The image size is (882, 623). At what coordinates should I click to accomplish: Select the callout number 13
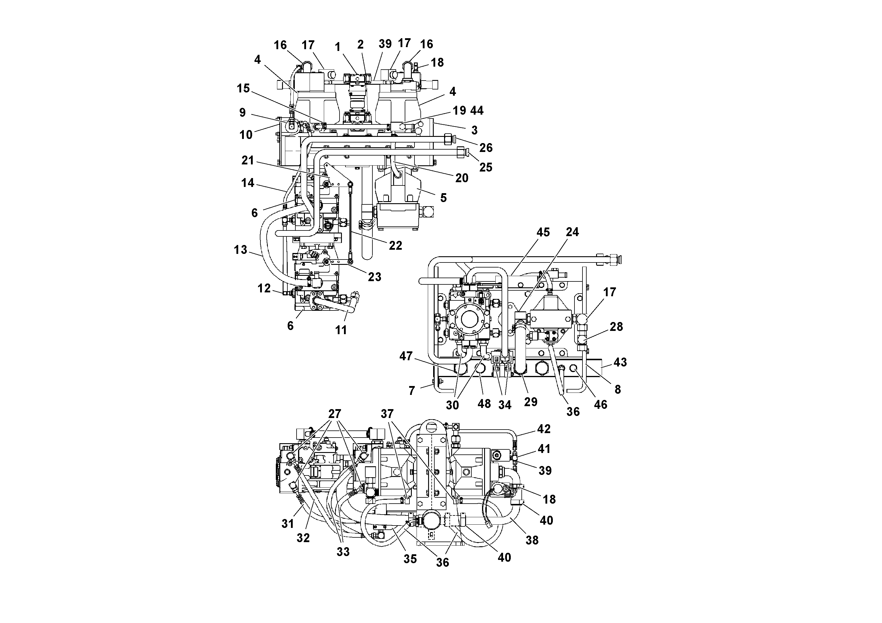click(241, 250)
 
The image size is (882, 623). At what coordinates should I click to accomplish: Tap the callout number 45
click(543, 232)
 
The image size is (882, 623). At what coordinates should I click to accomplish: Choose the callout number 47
click(406, 356)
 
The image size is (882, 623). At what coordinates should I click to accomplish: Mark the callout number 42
click(544, 429)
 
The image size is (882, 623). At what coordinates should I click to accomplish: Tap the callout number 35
click(410, 559)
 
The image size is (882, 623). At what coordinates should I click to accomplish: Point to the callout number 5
click(443, 198)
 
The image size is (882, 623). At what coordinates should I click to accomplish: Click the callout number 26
click(486, 148)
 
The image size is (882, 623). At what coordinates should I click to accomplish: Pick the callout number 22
click(395, 245)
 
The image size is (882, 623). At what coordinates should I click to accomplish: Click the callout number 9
click(242, 112)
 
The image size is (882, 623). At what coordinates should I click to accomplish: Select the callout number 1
click(338, 47)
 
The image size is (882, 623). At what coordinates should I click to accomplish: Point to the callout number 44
click(477, 110)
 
